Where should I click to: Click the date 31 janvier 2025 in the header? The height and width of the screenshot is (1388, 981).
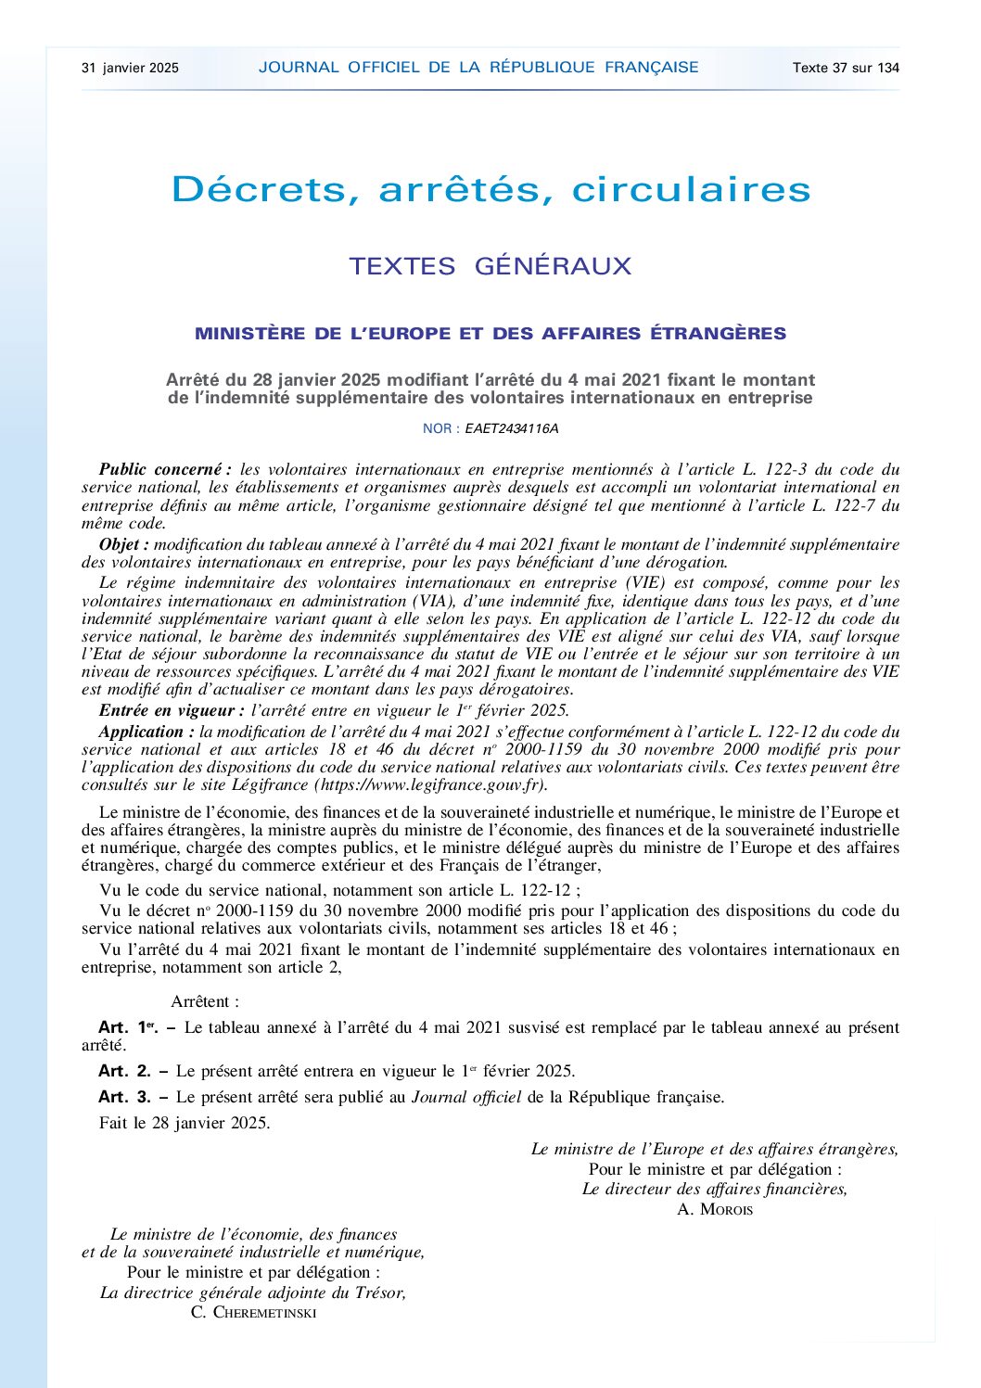click(x=130, y=68)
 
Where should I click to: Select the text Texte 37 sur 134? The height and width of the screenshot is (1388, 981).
click(x=846, y=68)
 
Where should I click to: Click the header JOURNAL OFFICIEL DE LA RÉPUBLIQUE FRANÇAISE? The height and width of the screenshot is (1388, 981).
click(x=478, y=67)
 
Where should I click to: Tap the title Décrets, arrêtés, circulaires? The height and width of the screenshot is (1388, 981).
click(x=490, y=189)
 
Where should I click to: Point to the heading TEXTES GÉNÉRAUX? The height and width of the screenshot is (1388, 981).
click(x=490, y=266)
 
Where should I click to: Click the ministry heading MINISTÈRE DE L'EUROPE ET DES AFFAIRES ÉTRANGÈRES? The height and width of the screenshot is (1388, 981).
click(x=490, y=334)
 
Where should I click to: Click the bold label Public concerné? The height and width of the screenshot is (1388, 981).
click(x=164, y=469)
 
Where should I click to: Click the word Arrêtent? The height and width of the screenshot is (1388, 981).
click(x=205, y=1001)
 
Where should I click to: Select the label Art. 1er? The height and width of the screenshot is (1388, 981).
click(x=129, y=1027)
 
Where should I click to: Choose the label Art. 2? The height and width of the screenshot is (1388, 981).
click(x=124, y=1071)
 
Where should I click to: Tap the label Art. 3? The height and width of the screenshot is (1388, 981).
click(x=124, y=1097)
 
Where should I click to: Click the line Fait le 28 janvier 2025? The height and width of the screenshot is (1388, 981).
click(x=185, y=1123)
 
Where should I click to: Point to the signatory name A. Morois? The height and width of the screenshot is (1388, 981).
click(x=715, y=1209)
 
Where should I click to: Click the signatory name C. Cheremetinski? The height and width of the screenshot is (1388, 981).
click(x=253, y=1312)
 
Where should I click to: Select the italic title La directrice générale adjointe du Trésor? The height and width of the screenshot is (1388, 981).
click(x=253, y=1292)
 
